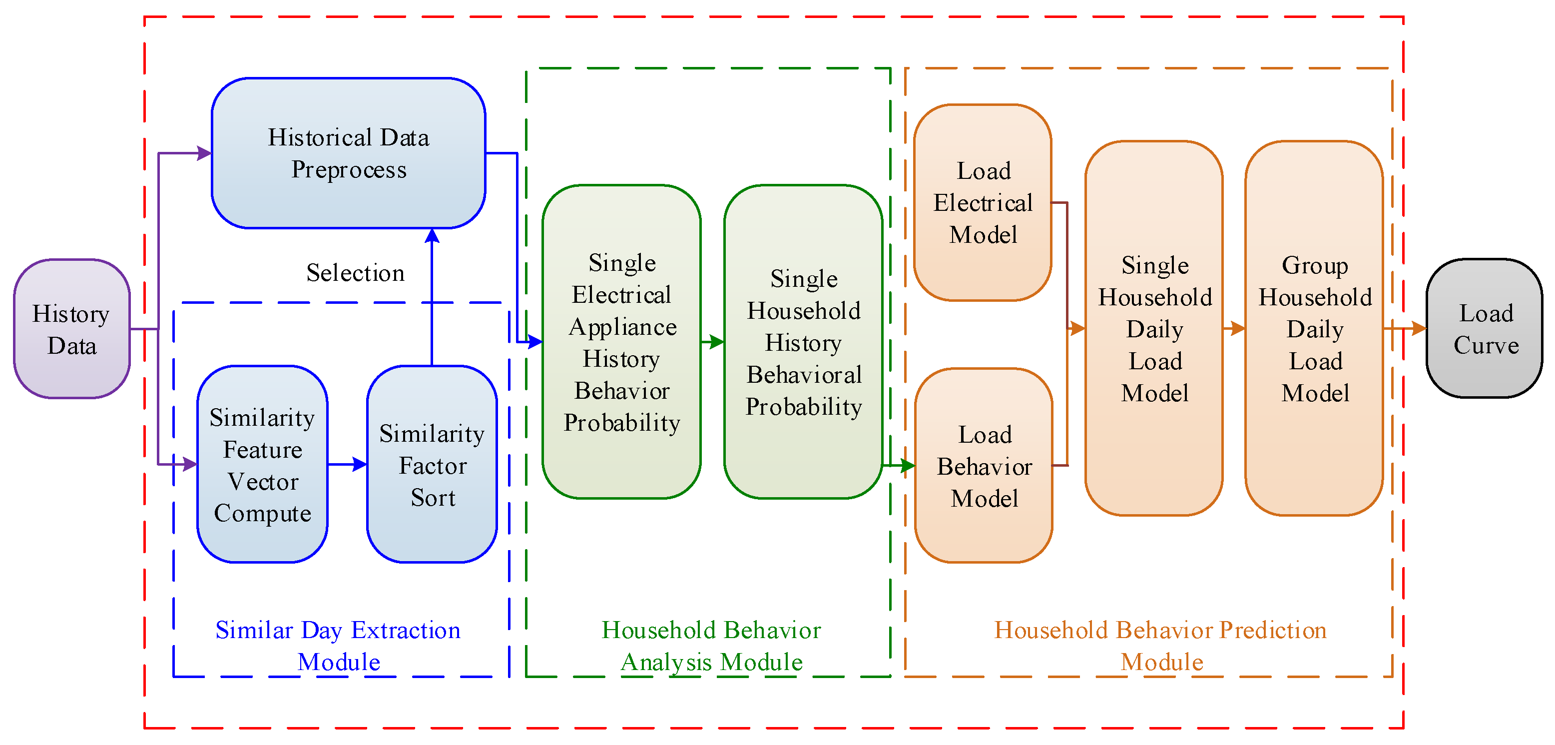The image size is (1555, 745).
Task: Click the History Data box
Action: click(71, 329)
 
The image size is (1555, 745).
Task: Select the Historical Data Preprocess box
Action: click(348, 153)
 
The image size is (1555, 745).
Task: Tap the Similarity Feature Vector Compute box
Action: click(262, 464)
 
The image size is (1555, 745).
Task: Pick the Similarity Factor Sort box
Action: click(432, 464)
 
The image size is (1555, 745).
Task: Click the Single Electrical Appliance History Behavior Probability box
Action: click(621, 342)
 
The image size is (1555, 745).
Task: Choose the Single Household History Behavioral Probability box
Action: click(803, 342)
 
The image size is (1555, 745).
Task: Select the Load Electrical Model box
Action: click(983, 203)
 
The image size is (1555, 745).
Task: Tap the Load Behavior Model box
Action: click(984, 466)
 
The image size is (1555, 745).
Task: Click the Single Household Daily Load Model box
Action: click(1154, 329)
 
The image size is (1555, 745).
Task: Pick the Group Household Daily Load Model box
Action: click(1314, 329)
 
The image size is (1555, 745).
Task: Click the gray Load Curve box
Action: click(1485, 329)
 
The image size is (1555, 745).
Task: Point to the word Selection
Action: click(355, 273)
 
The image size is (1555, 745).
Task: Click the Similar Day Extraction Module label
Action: click(338, 646)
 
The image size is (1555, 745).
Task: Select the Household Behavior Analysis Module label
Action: click(711, 646)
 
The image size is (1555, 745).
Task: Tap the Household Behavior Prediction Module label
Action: click(1160, 646)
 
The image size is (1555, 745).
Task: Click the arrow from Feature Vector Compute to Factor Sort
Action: click(348, 464)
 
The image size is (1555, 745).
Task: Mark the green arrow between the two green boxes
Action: click(713, 342)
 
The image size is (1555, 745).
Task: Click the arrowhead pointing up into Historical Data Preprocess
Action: click(432, 236)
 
